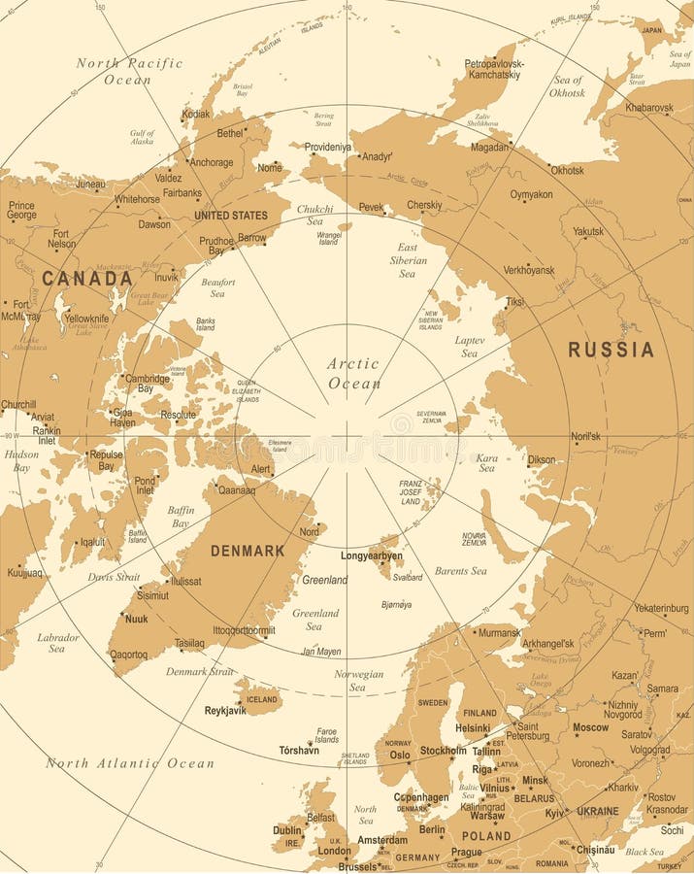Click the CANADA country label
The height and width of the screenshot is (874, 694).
86,279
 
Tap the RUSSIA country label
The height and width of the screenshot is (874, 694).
611,350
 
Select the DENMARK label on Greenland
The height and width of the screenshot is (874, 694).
248,551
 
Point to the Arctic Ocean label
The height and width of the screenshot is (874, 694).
353,373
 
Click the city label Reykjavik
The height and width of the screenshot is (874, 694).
225,711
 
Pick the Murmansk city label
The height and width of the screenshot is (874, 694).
500,633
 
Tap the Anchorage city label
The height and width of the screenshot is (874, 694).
211,163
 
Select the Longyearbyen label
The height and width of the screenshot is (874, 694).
371,556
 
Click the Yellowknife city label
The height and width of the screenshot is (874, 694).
86,318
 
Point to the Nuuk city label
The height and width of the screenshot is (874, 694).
136,619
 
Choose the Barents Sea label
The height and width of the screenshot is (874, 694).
460,571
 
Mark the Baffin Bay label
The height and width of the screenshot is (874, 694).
182,517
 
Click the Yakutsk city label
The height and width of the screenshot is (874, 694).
587,232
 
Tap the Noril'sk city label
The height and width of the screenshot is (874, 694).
585,436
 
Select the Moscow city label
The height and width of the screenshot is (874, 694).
590,727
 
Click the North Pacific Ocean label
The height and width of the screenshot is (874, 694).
129,71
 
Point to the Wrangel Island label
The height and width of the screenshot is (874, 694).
330,237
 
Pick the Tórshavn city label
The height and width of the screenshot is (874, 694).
299,751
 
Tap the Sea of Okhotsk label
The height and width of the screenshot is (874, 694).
568,86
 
